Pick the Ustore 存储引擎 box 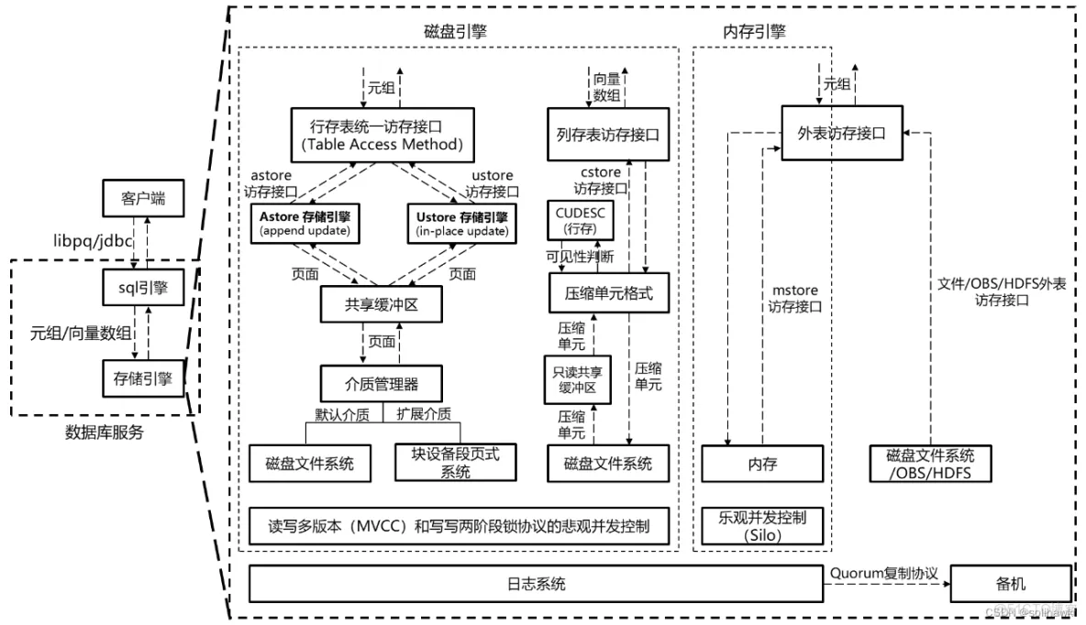click(x=459, y=223)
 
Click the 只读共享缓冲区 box click(x=574, y=379)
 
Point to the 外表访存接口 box click(x=841, y=133)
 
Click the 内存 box click(x=762, y=464)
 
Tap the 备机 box click(x=1011, y=584)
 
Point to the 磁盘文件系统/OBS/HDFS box click(x=930, y=464)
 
